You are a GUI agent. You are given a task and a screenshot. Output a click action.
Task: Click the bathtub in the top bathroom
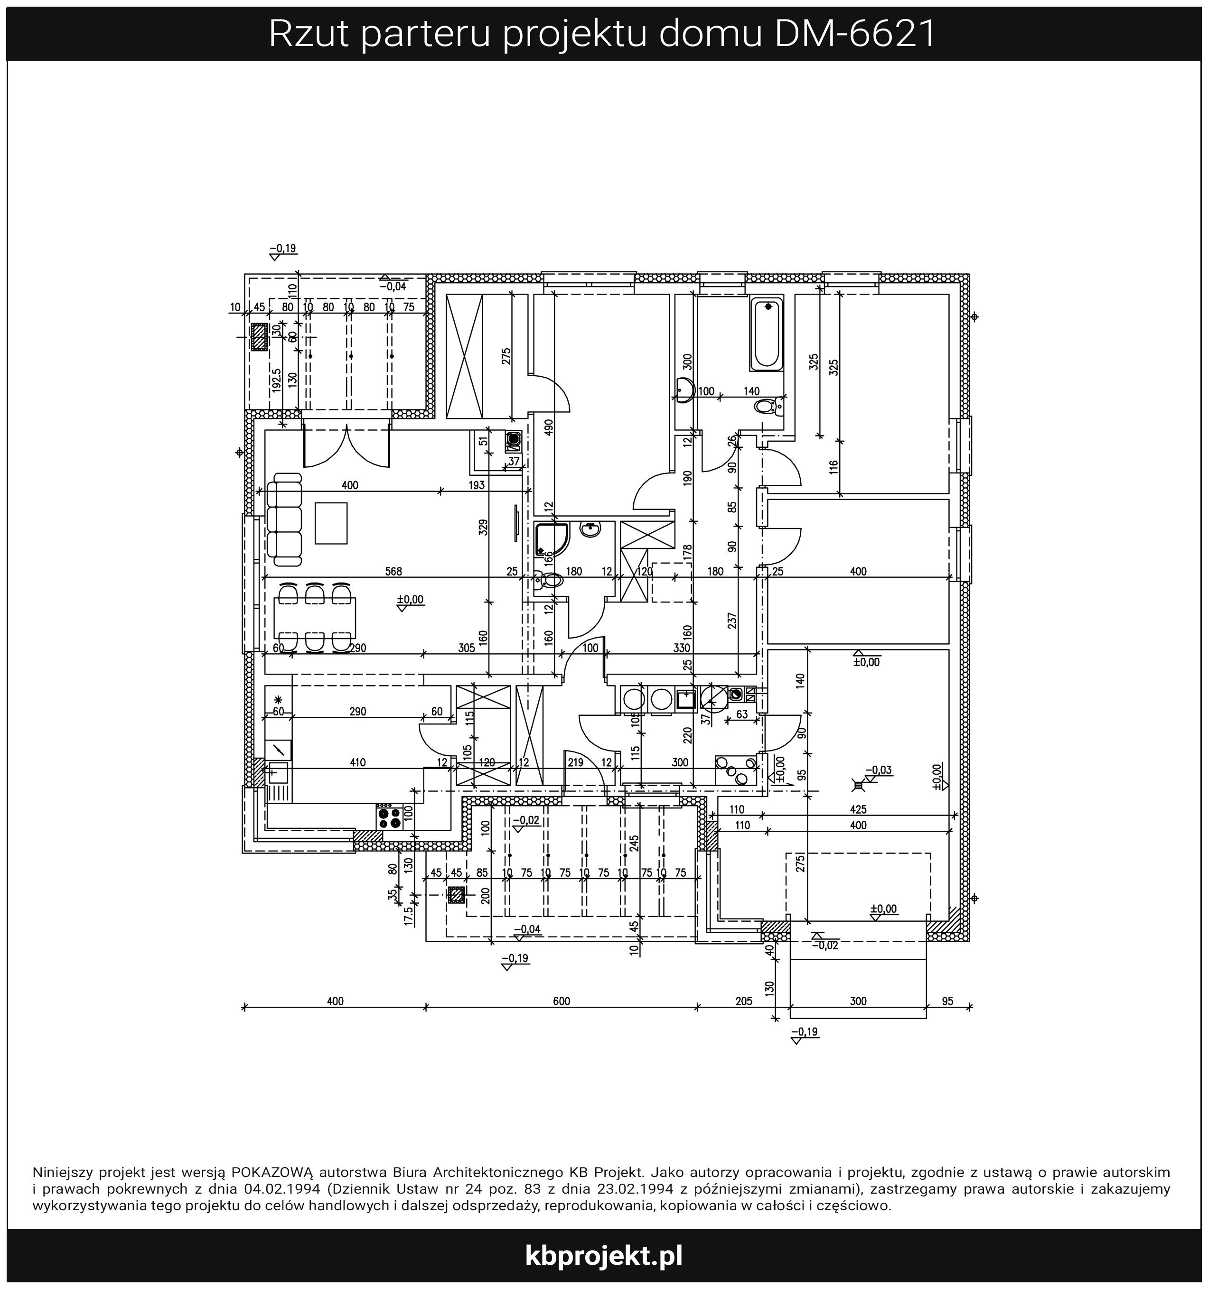coord(766,334)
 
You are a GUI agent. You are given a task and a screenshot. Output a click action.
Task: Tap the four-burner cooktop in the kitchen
coord(389,816)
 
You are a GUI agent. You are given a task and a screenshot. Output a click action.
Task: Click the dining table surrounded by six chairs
coord(315,619)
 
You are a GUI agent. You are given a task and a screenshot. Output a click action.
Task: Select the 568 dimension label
coord(393,571)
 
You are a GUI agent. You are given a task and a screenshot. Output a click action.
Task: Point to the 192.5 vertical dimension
coord(277,380)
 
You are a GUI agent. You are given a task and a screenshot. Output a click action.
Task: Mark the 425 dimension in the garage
coord(858,809)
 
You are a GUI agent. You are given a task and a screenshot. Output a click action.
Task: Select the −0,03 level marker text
coord(879,770)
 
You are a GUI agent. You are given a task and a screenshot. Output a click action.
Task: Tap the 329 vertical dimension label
coord(483,527)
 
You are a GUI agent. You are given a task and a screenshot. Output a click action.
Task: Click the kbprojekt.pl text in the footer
coord(603,1255)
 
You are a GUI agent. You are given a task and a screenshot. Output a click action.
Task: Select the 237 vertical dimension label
coord(732,621)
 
